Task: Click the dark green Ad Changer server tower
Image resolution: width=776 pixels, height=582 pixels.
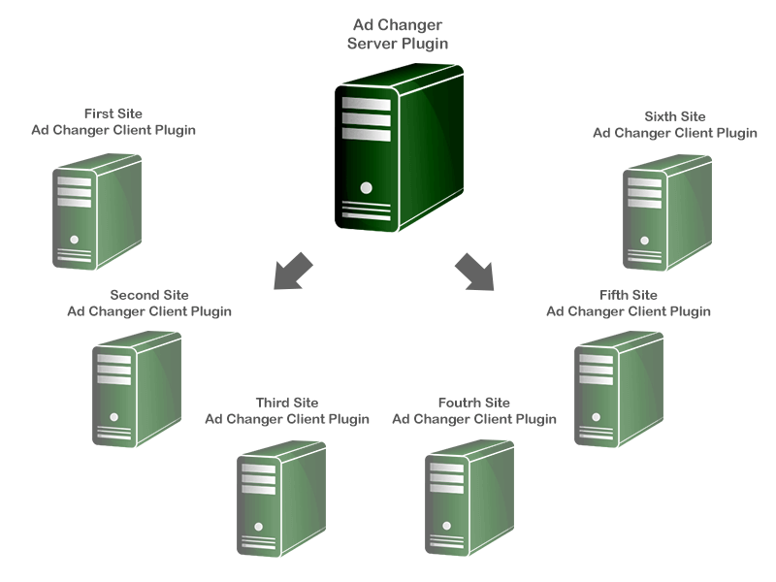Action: [398, 145]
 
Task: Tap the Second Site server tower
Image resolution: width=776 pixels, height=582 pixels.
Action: [136, 388]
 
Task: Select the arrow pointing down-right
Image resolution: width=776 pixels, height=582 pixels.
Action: [474, 272]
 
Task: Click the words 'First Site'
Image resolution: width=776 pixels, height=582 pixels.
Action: [113, 113]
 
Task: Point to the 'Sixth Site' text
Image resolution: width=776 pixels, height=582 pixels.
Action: [675, 116]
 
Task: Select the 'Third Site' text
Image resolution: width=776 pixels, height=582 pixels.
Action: [287, 403]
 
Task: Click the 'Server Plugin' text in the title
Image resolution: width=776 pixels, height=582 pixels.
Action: [398, 44]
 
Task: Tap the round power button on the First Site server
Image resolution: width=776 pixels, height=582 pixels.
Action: [74, 239]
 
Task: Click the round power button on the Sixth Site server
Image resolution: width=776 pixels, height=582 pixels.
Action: [643, 239]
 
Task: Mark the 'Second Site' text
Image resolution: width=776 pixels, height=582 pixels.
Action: [149, 295]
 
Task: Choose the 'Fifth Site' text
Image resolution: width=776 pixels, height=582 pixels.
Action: [629, 295]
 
